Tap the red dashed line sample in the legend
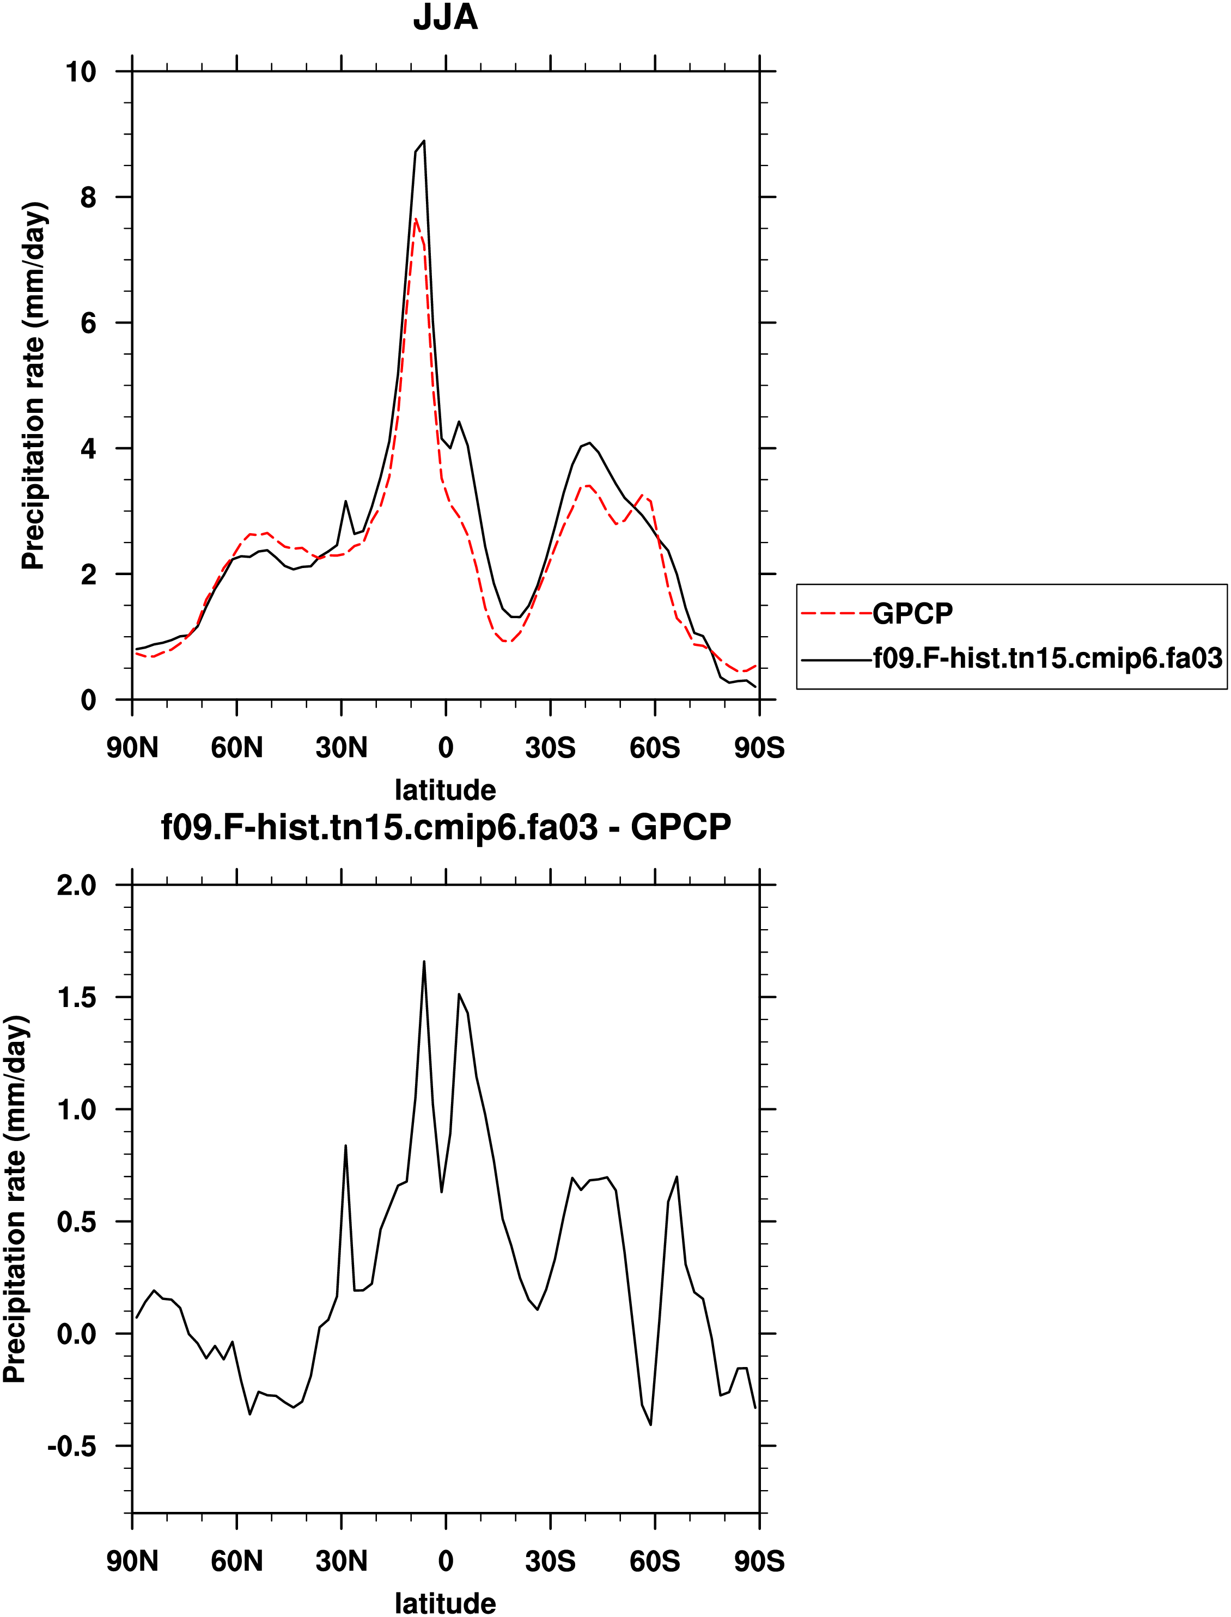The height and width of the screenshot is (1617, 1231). [x=836, y=613]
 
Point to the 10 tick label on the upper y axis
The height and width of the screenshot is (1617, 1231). [x=81, y=72]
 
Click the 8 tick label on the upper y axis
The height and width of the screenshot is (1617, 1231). [x=88, y=198]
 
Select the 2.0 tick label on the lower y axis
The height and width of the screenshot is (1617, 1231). [x=76, y=886]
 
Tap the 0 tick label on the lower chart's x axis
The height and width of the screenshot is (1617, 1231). [x=446, y=1561]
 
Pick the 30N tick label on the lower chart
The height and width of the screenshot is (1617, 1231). [x=342, y=1561]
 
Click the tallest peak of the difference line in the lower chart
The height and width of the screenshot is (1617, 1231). [x=424, y=962]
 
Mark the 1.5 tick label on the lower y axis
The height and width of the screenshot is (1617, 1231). [x=76, y=998]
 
